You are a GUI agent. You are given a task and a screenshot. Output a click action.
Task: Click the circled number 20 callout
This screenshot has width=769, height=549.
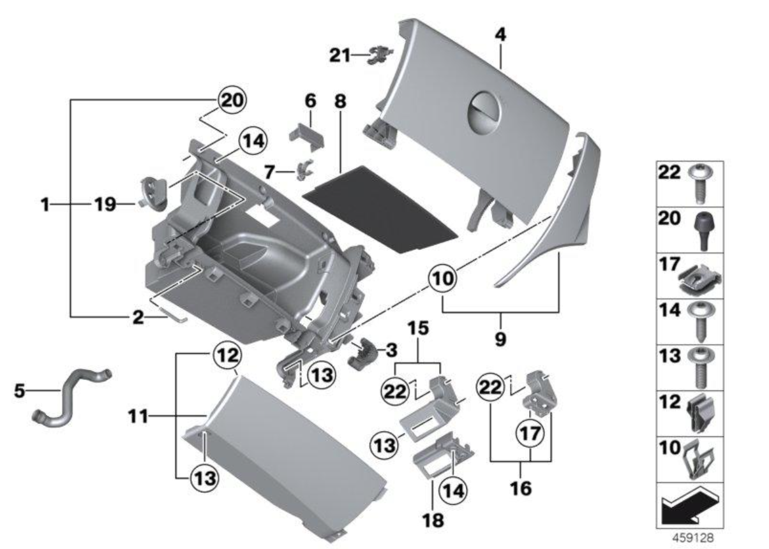coord(232,100)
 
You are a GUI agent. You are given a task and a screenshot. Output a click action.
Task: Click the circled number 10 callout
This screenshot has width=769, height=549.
coord(444,278)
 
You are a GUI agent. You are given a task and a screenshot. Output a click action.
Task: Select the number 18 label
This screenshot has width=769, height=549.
coord(436,520)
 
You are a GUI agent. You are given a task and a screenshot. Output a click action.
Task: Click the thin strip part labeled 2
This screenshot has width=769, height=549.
coord(171,316)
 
